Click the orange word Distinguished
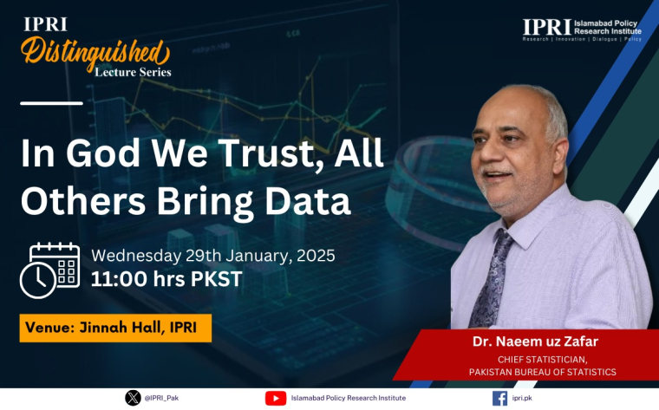[95, 53]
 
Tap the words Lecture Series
[133, 72]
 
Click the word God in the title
[103, 153]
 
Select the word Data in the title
[308, 201]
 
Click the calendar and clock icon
[49, 270]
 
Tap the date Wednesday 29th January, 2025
[213, 256]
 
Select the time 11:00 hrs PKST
[166, 279]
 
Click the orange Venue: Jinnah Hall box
[115, 328]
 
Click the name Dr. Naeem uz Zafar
[535, 342]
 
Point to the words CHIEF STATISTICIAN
[542, 360]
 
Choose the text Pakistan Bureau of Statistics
[543, 372]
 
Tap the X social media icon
[133, 398]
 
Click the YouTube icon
[276, 398]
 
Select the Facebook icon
[499, 398]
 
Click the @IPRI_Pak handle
[161, 398]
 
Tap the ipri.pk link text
[522, 398]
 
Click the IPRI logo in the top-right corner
[582, 29]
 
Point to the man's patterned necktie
[492, 278]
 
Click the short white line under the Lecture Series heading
[51, 103]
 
